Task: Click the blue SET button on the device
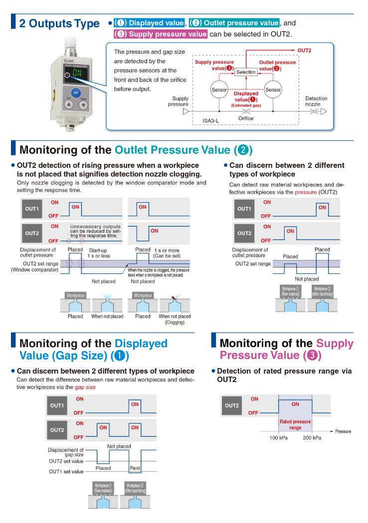(x=76, y=92)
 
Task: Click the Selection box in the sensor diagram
(x=246, y=72)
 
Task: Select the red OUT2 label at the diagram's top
(x=304, y=50)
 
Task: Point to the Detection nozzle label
(x=316, y=102)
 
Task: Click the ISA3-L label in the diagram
(x=210, y=121)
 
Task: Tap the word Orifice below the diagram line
(x=245, y=119)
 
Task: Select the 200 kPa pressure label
(x=312, y=438)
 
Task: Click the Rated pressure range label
(x=295, y=424)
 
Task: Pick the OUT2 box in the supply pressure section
(x=232, y=405)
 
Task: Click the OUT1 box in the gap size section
(x=57, y=405)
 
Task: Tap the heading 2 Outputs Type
(x=59, y=23)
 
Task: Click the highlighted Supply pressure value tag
(x=160, y=34)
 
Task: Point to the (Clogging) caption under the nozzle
(x=175, y=322)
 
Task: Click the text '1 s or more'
(x=167, y=250)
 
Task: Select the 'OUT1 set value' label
(x=66, y=471)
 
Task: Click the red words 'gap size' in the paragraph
(x=85, y=387)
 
